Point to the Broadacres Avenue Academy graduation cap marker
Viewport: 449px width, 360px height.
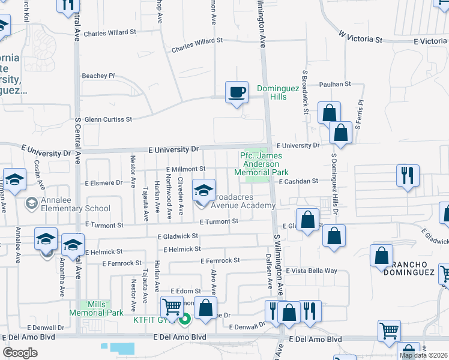click(203, 191)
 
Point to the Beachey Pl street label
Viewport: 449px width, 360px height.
click(98, 76)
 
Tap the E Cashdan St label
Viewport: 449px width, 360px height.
click(297, 181)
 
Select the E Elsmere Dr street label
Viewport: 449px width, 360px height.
click(103, 182)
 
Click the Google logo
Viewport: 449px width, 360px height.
click(20, 353)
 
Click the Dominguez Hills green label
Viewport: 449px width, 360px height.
click(271, 92)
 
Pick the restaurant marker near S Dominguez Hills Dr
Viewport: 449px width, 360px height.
click(408, 176)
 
